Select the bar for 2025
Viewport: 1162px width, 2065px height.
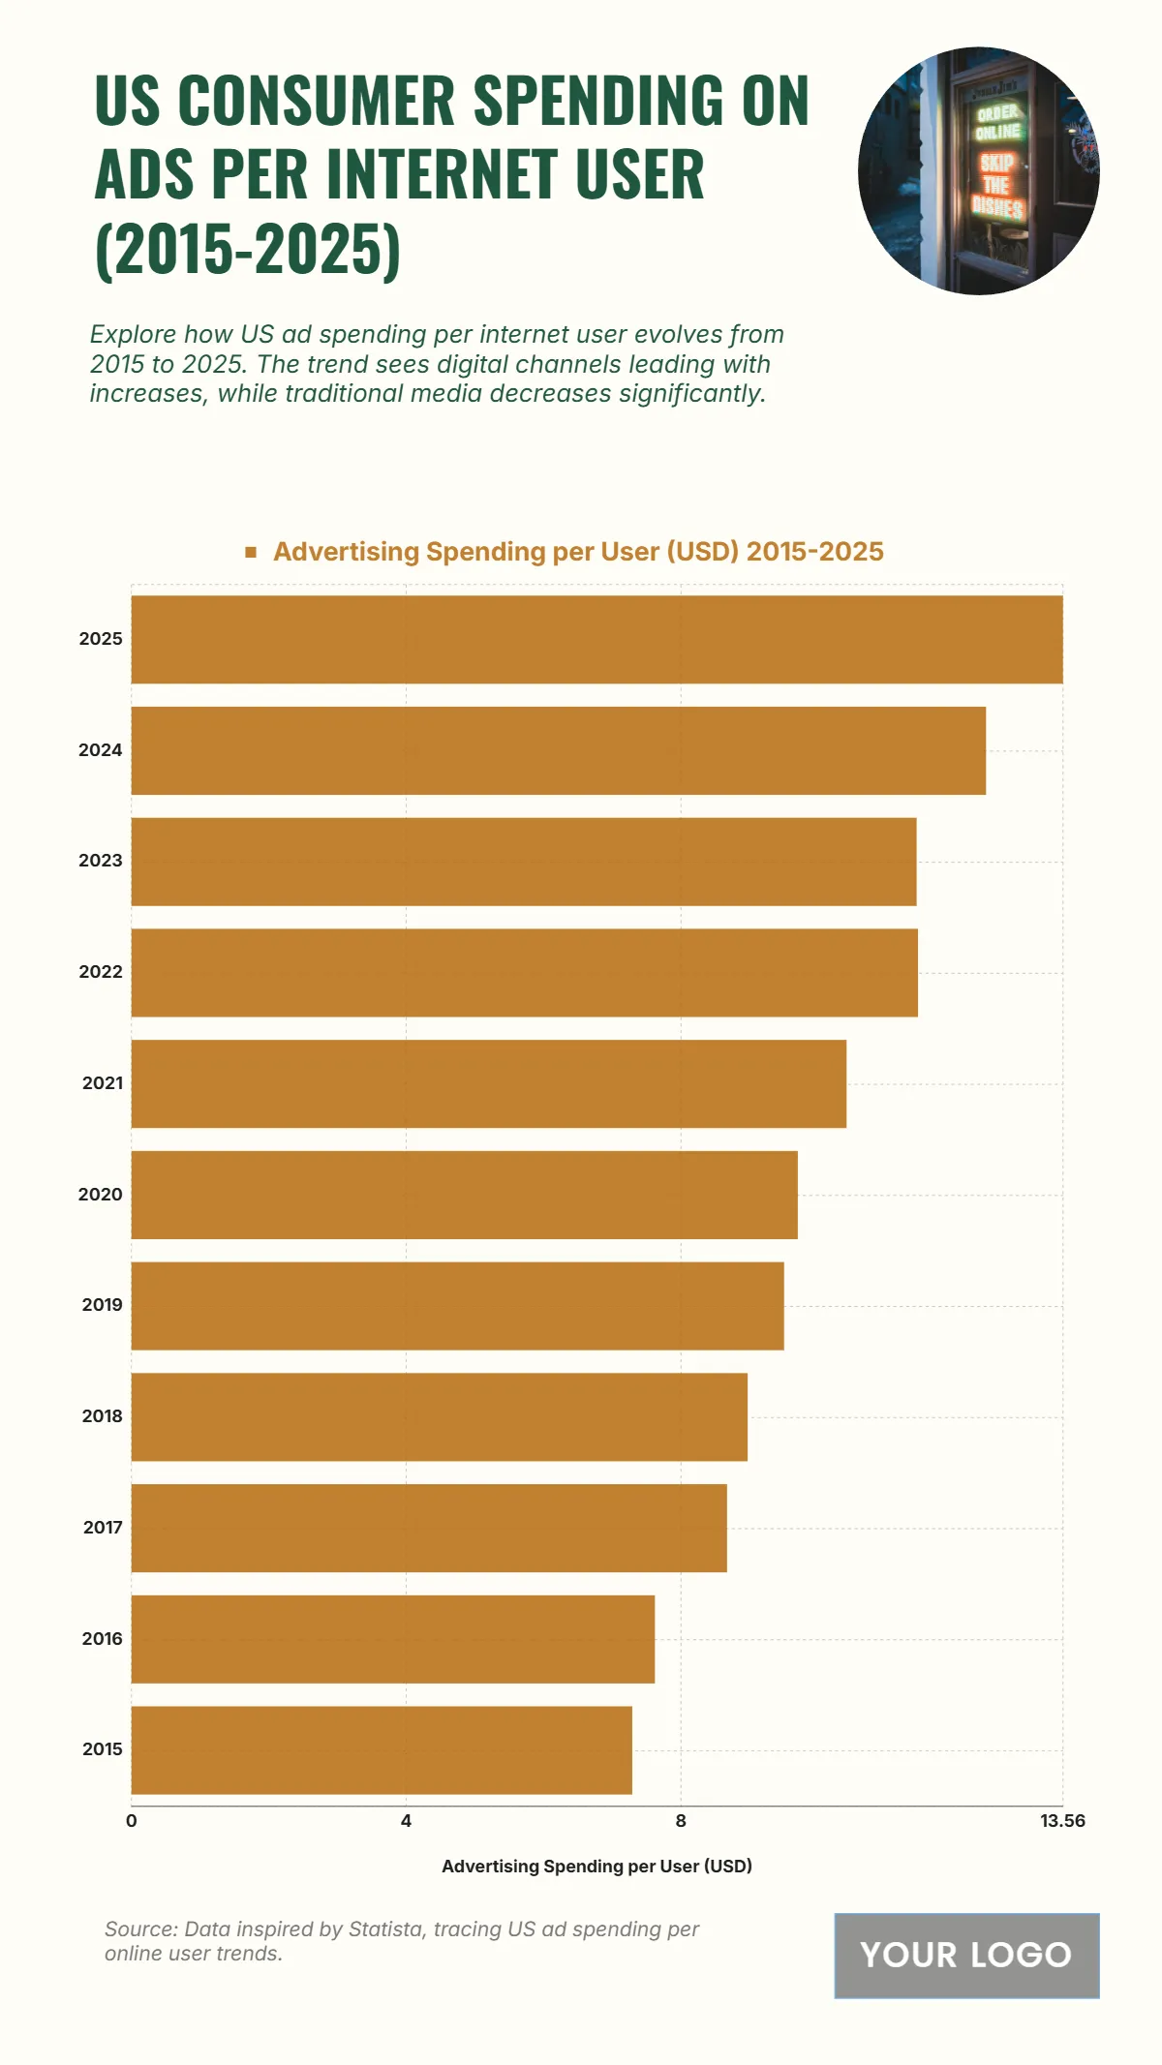596,639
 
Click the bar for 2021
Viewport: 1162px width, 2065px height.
488,1083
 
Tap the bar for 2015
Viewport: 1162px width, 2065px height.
382,1749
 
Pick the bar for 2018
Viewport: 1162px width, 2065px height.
439,1416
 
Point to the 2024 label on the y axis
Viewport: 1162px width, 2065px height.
101,750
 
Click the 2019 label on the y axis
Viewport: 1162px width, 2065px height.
102,1305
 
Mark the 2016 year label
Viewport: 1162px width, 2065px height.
102,1638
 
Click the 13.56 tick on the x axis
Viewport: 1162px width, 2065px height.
1062,1821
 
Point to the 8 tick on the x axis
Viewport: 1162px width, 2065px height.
681,1821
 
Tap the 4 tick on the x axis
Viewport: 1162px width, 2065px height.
406,1821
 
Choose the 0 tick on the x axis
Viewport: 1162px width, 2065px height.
132,1821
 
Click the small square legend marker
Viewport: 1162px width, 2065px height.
251,552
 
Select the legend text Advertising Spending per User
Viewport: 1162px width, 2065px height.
578,552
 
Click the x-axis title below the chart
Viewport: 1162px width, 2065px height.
596,1866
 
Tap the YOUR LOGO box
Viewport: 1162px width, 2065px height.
966,1955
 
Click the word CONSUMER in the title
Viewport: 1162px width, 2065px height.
317,100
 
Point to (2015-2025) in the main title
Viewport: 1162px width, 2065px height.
248,249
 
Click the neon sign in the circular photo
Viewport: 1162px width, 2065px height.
996,160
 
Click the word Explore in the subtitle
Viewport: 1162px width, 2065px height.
133,334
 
